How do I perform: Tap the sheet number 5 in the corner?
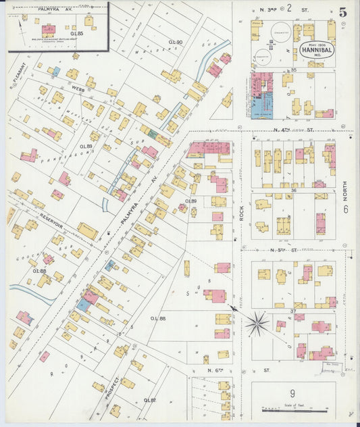click(x=343, y=11)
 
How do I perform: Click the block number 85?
click(x=294, y=70)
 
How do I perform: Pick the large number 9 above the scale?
click(x=292, y=394)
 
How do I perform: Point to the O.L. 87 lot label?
click(x=158, y=401)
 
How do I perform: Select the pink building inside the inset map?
click(x=48, y=30)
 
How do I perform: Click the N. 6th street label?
click(x=215, y=371)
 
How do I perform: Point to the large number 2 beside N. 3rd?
click(x=288, y=8)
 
